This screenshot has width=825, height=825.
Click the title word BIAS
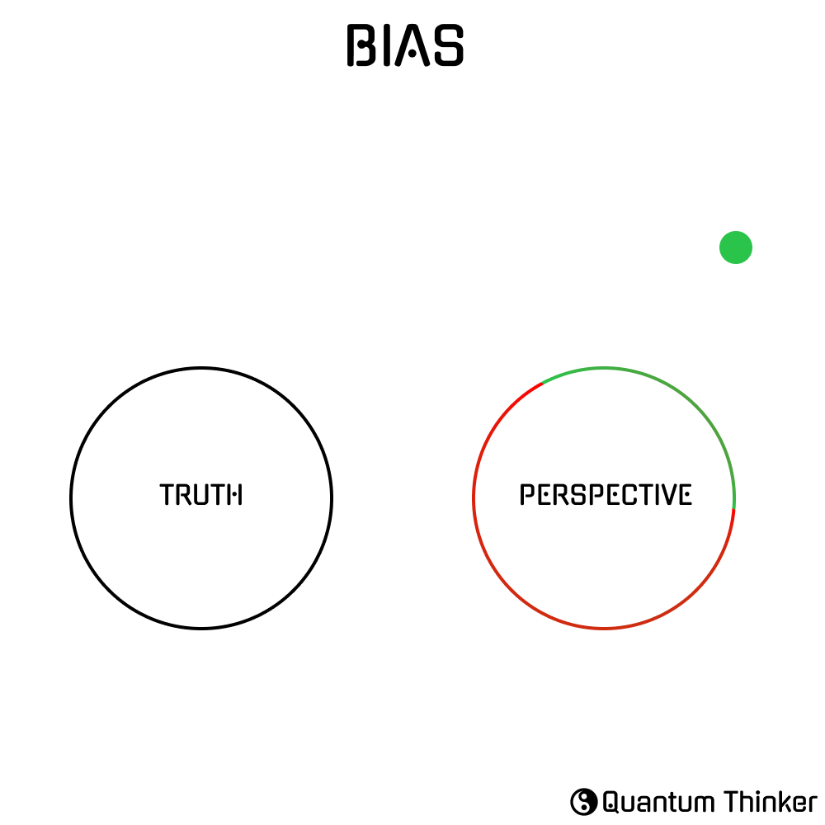coord(405,45)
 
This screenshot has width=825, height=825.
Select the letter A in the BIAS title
coord(412,45)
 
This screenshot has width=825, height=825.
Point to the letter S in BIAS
coord(448,45)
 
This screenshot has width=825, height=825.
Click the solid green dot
coord(736,247)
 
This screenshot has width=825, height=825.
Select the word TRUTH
coord(201,494)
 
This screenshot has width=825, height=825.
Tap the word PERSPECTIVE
coord(606,494)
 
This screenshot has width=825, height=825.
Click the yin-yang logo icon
coord(583,802)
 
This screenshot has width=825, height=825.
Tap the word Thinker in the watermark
coord(771,802)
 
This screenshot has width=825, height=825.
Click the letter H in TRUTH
coord(233,494)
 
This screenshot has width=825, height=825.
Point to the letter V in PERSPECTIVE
coord(668,494)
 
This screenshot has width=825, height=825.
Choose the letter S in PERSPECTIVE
coord(579,494)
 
